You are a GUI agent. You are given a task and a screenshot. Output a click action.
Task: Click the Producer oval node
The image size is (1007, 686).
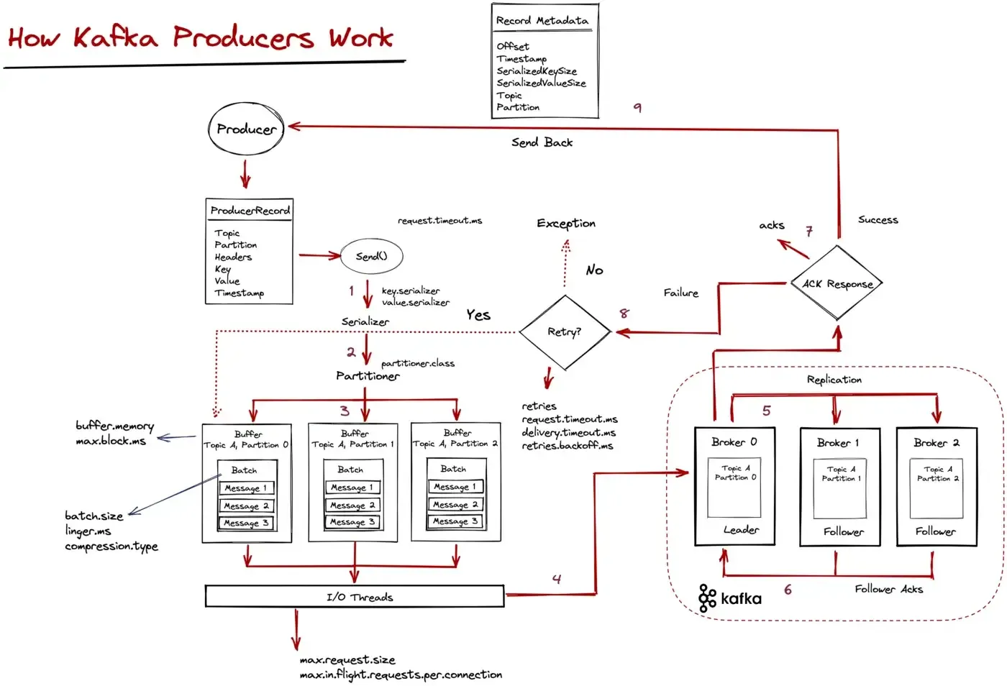coord(246,129)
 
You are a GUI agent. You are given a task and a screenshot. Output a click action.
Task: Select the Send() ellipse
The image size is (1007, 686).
coord(371,256)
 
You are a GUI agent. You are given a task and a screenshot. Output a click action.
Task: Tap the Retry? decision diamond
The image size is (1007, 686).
coord(565,331)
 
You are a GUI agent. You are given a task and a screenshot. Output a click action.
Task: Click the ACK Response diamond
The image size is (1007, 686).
coord(837,284)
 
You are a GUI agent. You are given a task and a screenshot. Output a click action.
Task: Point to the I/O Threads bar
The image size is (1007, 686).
coord(355,596)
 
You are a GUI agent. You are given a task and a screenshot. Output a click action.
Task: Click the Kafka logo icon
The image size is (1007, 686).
coord(707,598)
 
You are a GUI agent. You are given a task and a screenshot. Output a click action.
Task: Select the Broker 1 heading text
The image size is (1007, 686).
coord(838,443)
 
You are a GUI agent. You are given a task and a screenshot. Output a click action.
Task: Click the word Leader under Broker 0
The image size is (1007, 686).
coord(741,530)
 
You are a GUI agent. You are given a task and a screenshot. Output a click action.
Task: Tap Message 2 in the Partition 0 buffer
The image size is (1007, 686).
coord(247,506)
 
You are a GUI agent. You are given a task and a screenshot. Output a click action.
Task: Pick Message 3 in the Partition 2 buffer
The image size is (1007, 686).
coord(455,521)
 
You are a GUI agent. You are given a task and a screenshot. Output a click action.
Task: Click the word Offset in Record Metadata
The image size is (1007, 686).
coord(513,46)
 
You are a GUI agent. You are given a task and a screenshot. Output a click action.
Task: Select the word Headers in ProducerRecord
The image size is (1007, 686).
coord(233,257)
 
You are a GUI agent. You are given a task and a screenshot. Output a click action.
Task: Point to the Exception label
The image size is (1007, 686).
coord(566,223)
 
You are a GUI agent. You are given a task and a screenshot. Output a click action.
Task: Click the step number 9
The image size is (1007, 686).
coord(637,107)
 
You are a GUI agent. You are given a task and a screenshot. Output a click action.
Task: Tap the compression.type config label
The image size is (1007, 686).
coord(111,546)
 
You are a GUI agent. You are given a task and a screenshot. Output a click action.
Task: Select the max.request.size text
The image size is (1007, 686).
coord(347,659)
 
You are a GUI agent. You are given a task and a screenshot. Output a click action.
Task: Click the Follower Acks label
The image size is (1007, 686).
coord(888,589)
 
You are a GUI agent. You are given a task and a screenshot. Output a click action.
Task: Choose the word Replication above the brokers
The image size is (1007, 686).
coord(834,379)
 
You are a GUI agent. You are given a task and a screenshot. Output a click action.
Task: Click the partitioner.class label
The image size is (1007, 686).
coord(418,363)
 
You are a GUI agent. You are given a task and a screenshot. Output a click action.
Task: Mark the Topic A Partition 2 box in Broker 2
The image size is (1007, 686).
coord(937,489)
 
